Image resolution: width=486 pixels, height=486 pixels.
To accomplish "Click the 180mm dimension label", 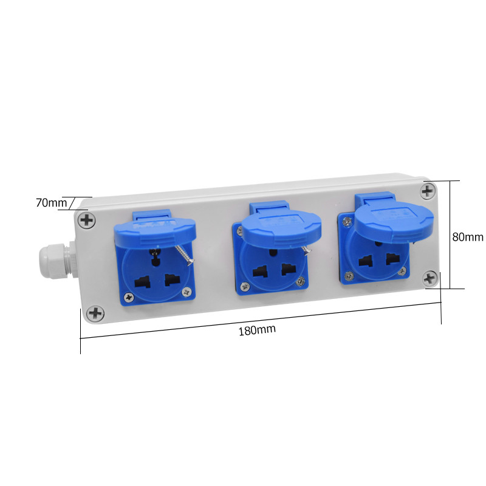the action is (x=257, y=330).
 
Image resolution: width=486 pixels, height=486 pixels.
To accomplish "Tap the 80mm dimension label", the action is (x=468, y=237).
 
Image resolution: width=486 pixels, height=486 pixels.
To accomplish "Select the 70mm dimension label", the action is (x=52, y=203).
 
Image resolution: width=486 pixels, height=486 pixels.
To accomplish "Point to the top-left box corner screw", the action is (x=86, y=221).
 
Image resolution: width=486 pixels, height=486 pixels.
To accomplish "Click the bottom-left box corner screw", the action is (x=95, y=313).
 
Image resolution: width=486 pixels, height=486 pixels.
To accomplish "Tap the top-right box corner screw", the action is (x=428, y=191).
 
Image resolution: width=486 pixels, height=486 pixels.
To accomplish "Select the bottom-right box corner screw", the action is (x=430, y=279).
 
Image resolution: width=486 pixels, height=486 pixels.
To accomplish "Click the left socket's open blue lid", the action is (x=155, y=230).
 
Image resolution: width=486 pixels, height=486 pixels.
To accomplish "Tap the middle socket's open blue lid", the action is (x=281, y=223).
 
